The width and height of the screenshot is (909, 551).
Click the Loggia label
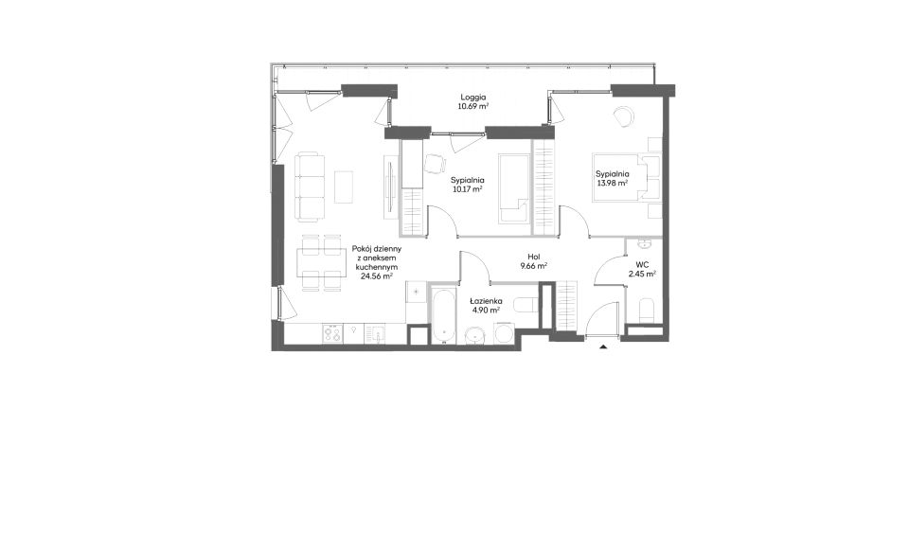473,98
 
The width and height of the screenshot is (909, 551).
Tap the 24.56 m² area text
377,276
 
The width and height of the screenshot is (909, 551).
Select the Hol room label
534,257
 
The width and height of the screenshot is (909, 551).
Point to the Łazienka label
486,301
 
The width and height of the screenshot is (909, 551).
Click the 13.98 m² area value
613,183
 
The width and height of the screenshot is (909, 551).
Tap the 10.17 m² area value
467,189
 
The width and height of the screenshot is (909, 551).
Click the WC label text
642,264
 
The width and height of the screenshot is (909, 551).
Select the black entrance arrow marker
603,347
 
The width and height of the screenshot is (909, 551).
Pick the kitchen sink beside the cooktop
376,333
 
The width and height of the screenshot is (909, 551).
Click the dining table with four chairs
317,263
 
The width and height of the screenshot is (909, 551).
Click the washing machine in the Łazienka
503,332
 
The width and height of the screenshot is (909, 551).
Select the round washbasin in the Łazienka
477,334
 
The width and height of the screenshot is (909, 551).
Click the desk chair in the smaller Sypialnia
436,164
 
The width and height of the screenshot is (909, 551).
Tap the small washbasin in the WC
645,242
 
